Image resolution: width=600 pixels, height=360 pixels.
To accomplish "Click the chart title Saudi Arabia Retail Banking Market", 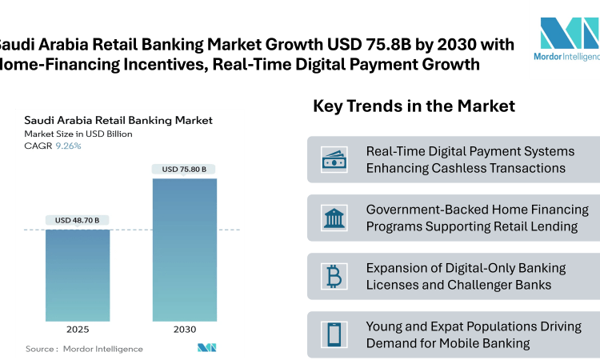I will tap(118, 120).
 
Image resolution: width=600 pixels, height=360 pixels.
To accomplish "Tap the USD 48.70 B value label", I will tap(78, 220).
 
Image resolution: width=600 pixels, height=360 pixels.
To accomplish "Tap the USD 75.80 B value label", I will tap(184, 169).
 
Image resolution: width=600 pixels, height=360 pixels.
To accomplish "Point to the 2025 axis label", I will tap(78, 330).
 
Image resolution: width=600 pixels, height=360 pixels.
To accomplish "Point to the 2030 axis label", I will tap(184, 330).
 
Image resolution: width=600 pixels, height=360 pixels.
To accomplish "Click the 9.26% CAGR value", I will tap(68, 146).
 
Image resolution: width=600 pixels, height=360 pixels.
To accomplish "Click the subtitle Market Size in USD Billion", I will tap(78, 134).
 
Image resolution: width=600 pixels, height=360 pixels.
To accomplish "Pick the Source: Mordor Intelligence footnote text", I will tap(84, 349).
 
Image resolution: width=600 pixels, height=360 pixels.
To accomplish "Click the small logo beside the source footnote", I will tap(207, 348).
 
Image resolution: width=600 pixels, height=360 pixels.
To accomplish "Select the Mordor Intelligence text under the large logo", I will tap(566, 57).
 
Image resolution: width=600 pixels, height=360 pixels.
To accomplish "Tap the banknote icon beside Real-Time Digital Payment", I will tap(333, 159).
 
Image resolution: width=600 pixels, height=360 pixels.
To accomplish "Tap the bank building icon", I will tap(333, 218).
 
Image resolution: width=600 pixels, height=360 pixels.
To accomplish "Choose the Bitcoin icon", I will tap(333, 277).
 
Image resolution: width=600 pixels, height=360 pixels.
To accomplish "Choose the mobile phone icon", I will tap(333, 335).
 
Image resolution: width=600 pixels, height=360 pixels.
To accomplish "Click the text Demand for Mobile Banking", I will tap(448, 343).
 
